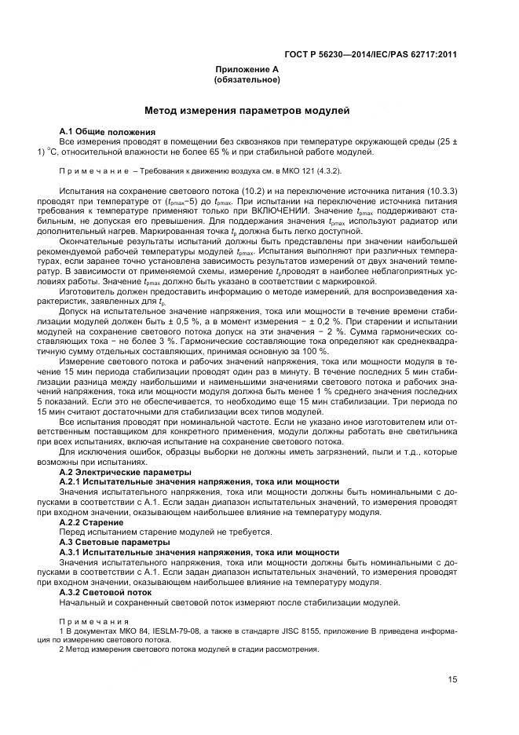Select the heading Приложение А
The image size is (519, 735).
coord(247,70)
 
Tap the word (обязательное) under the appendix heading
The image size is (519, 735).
coord(247,80)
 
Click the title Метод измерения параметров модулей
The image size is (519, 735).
coord(247,112)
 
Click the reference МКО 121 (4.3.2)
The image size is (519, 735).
coord(312,170)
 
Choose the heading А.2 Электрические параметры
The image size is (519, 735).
coord(125,472)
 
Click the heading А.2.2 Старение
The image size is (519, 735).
coord(91,522)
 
